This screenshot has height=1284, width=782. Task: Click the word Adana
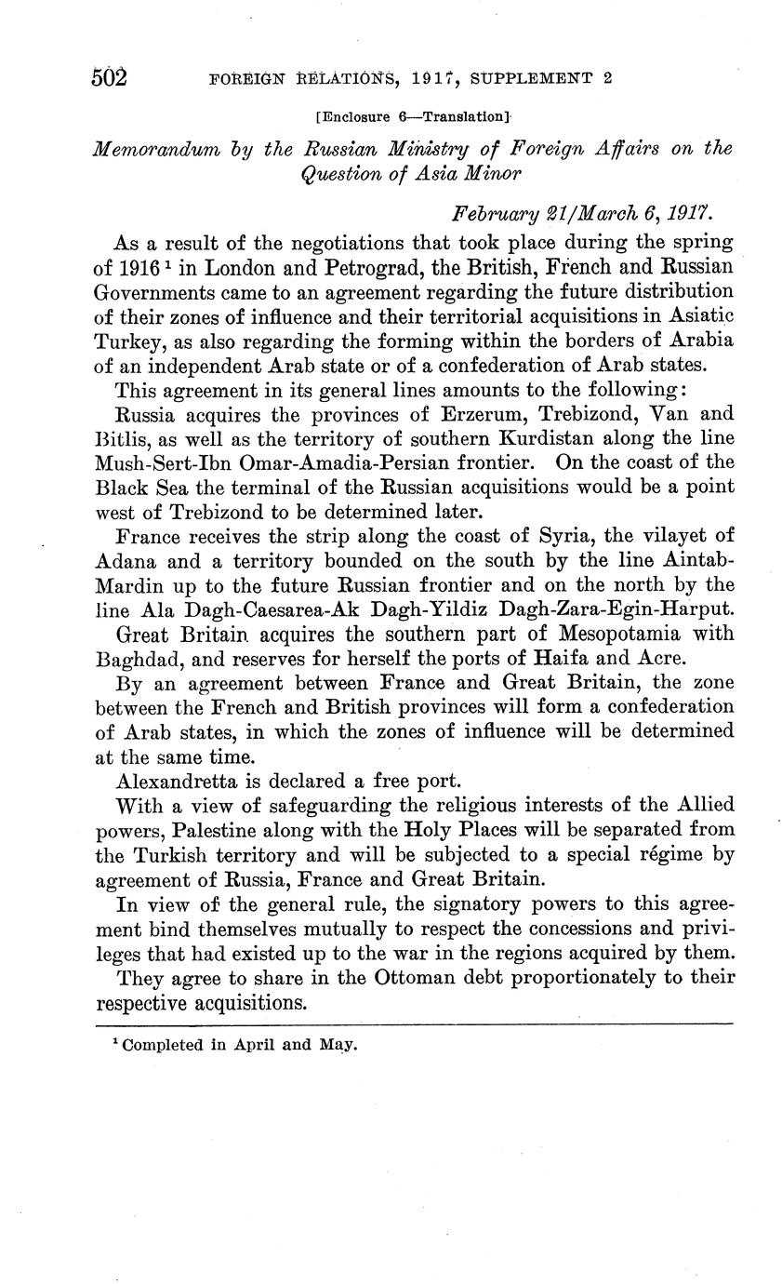pyautogui.click(x=126, y=560)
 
